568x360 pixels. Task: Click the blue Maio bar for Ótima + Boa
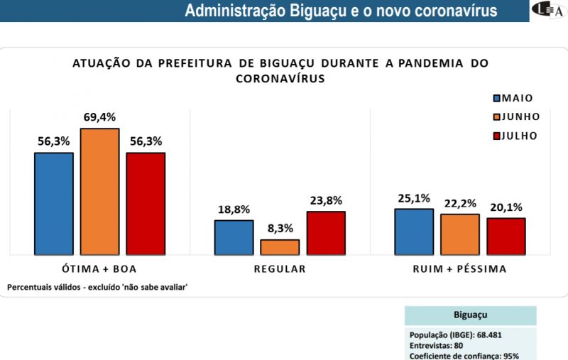pyautogui.click(x=54, y=203)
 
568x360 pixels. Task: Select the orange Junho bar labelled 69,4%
pyautogui.click(x=99, y=191)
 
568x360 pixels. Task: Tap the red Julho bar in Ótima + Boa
pyautogui.click(x=146, y=203)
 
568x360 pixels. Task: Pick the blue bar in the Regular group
pyautogui.click(x=234, y=237)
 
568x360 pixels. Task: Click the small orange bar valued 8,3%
pyautogui.click(x=280, y=247)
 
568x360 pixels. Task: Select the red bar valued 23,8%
pyautogui.click(x=326, y=233)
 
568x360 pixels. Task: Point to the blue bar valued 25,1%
pyautogui.click(x=414, y=231)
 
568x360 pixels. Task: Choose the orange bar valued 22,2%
pyautogui.click(x=459, y=234)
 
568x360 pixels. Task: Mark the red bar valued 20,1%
pyautogui.click(x=506, y=236)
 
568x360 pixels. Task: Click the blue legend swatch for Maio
pyautogui.click(x=497, y=99)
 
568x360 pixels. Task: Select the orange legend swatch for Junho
pyautogui.click(x=497, y=117)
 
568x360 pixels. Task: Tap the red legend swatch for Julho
pyautogui.click(x=497, y=136)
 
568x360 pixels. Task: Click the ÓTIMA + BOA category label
pyautogui.click(x=99, y=269)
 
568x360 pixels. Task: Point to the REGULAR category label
pyautogui.click(x=280, y=269)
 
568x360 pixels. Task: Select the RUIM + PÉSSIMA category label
pyautogui.click(x=460, y=269)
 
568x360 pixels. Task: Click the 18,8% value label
pyautogui.click(x=234, y=209)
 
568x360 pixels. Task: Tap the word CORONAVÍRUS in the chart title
pyautogui.click(x=280, y=79)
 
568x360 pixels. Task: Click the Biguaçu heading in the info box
pyautogui.click(x=470, y=315)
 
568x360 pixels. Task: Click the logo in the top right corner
pyautogui.click(x=549, y=11)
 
